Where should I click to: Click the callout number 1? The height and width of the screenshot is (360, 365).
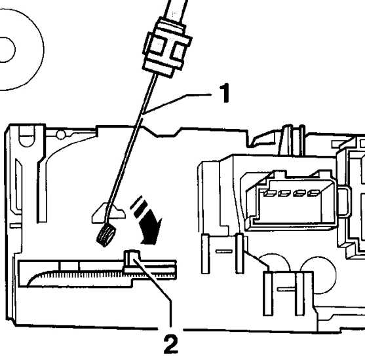(x=224, y=93)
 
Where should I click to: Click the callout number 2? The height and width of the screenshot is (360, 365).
(x=171, y=344)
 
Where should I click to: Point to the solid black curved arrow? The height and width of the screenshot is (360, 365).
(x=150, y=226)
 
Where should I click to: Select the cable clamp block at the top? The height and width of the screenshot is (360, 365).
(x=168, y=47)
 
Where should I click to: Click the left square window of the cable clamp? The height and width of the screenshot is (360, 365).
(x=157, y=46)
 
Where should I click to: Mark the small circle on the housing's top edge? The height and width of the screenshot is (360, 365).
(x=61, y=135)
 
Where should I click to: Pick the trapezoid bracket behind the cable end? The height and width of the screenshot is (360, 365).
(x=109, y=213)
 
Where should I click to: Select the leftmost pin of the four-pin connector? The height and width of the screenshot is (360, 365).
(x=270, y=193)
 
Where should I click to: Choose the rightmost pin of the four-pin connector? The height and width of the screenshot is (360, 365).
(x=313, y=193)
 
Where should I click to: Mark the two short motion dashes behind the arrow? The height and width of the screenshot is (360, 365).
(x=139, y=206)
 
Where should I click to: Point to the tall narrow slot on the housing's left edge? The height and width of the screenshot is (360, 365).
(x=18, y=185)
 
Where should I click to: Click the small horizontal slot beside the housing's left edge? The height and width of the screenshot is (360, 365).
(x=16, y=226)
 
